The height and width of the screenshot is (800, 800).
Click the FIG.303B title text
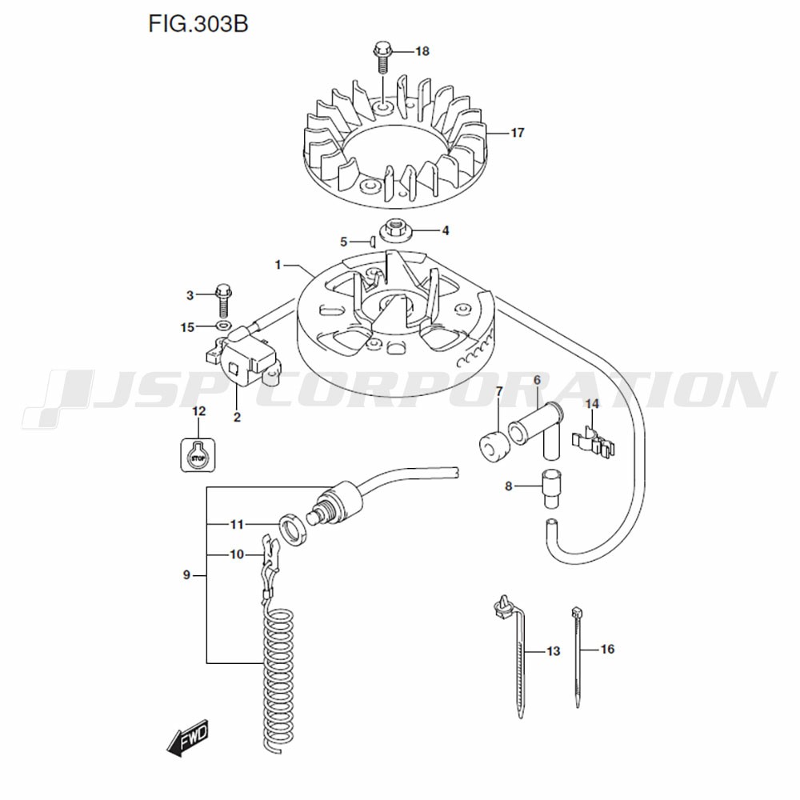(x=198, y=24)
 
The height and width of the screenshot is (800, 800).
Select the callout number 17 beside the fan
(x=517, y=133)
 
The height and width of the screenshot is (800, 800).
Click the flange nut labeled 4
(x=394, y=230)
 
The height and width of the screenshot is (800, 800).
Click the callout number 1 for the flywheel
(x=278, y=264)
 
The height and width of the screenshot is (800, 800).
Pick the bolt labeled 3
(x=222, y=299)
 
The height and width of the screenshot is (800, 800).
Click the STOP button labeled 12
(x=198, y=455)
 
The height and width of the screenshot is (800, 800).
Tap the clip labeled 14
(x=594, y=442)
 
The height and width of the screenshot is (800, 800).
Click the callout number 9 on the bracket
(x=186, y=575)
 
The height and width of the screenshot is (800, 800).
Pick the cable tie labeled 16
(x=577, y=656)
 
